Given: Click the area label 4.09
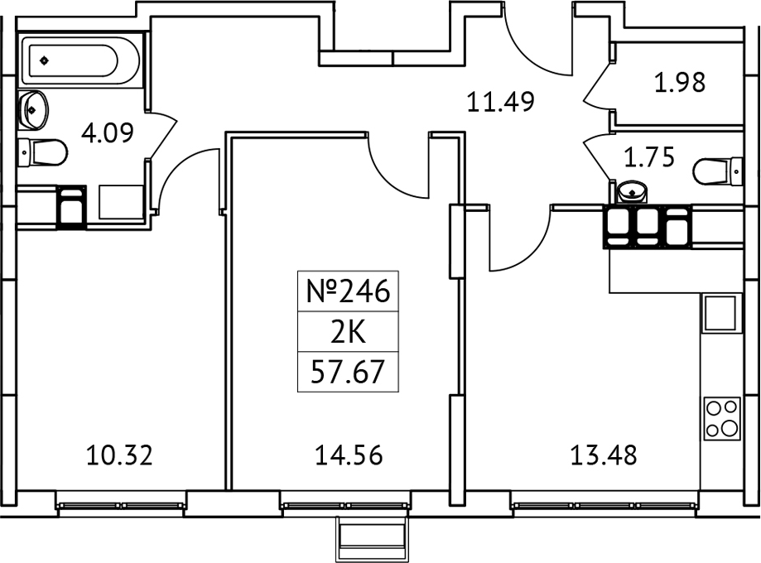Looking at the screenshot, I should [107, 132].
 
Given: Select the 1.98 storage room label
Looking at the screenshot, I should [680, 83].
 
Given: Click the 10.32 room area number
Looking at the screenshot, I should [120, 455].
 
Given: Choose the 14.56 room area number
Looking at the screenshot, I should [349, 455].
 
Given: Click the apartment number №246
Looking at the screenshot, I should [348, 291].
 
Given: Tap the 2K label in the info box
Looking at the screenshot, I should [348, 333].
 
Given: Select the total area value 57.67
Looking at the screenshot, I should [348, 373].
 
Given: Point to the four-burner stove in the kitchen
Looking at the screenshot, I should [721, 420].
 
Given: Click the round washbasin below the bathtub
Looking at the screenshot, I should [35, 108].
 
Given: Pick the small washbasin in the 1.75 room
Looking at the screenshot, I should [633, 192].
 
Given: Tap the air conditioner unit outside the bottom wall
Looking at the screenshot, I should [372, 539].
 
